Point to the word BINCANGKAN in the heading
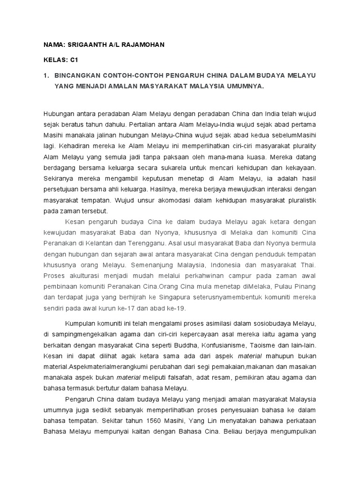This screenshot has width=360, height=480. pos(77,75)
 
